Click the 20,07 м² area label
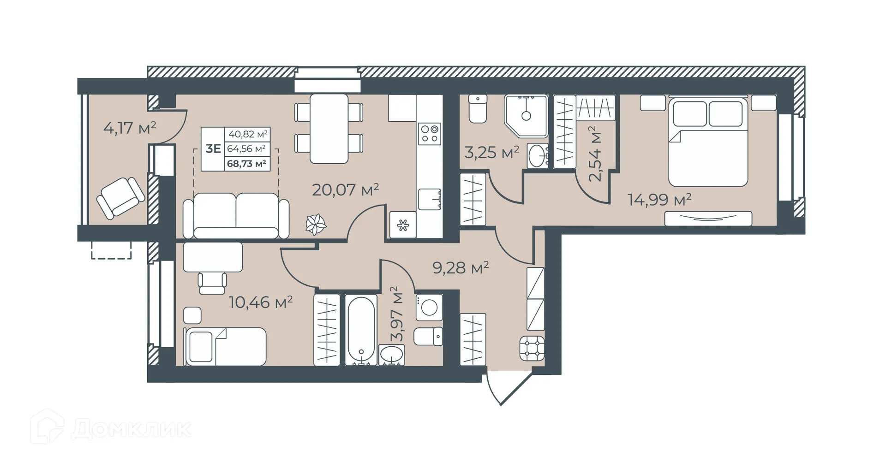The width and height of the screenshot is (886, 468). (x=345, y=190)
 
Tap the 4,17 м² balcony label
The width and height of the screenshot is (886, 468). (x=130, y=128)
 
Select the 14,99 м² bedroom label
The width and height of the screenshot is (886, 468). (x=659, y=200)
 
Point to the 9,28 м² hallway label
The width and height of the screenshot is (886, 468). (x=460, y=267)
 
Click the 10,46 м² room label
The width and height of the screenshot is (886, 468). (x=261, y=302)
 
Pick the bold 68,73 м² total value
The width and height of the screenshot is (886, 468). (x=247, y=163)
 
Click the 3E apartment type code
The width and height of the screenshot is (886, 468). (x=213, y=148)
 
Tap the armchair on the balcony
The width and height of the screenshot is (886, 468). (x=120, y=198)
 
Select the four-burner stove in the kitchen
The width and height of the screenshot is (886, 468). (x=429, y=133)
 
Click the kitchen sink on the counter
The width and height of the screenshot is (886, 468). (x=429, y=200)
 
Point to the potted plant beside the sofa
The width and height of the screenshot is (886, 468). (x=316, y=225)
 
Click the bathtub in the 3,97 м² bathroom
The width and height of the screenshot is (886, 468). (x=361, y=330)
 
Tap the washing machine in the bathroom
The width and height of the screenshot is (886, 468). (x=429, y=308)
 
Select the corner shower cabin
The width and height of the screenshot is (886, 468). (x=526, y=115)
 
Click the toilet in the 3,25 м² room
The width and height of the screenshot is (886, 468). (x=478, y=108)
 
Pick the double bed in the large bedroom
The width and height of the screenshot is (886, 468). (x=708, y=143)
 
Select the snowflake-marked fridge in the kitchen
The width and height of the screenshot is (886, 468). (x=403, y=225)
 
